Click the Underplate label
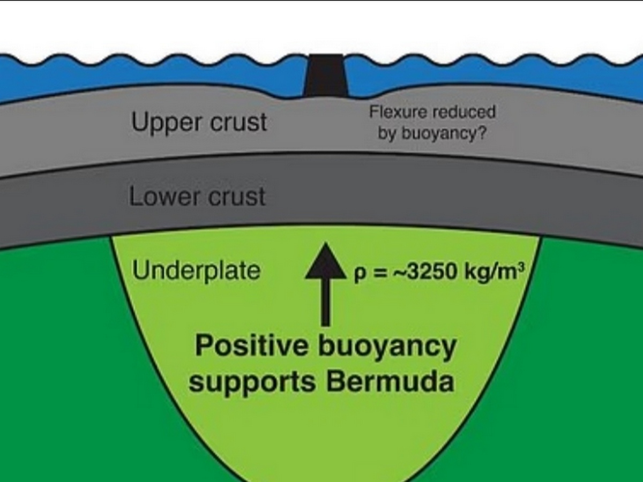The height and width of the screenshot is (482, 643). (196, 270)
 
